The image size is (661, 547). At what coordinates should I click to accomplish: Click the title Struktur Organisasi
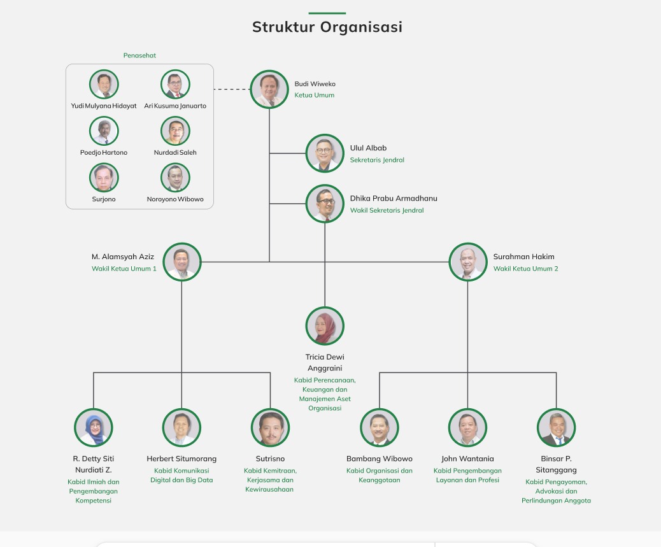click(327, 27)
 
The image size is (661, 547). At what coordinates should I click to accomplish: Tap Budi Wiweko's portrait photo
click(269, 89)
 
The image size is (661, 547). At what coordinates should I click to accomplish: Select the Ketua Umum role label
click(314, 96)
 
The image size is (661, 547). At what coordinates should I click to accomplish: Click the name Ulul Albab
click(368, 148)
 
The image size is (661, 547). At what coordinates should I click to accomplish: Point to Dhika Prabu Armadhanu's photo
click(325, 204)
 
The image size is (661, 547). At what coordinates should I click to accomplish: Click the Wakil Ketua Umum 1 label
click(124, 269)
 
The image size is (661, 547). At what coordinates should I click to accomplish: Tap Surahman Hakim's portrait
click(468, 262)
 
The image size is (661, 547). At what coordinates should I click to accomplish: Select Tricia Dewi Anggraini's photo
click(325, 326)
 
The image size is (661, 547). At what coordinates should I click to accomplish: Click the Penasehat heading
click(139, 55)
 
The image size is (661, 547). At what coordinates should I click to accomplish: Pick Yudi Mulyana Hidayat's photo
click(104, 84)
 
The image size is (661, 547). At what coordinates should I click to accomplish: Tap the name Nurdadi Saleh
click(175, 153)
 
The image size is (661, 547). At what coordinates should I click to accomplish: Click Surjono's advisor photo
click(104, 178)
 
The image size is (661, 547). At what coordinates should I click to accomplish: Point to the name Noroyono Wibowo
click(175, 199)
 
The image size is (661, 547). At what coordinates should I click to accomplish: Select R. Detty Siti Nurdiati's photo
click(94, 427)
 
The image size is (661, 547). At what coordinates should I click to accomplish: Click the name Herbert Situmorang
click(181, 458)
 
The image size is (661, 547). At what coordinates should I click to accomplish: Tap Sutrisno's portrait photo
click(270, 427)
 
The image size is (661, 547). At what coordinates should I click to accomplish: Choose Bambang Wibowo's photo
click(380, 427)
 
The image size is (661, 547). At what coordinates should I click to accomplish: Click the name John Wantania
click(467, 458)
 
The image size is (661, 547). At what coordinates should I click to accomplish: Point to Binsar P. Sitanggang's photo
click(556, 427)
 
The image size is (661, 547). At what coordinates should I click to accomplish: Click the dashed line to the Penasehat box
click(232, 89)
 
